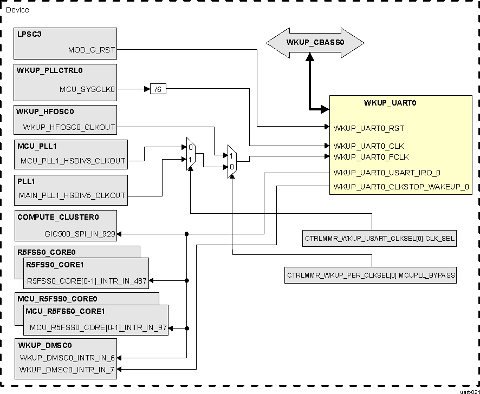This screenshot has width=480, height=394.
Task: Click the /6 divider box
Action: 158,89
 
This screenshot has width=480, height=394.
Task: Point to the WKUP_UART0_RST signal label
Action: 369,128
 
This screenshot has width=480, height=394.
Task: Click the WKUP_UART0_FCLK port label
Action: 371,157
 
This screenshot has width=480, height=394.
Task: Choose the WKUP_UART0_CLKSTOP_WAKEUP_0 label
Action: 401,187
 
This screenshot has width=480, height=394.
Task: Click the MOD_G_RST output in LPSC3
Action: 92,50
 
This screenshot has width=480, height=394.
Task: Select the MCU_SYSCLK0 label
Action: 88,89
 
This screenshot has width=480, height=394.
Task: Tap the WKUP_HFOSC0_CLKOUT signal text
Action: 69,128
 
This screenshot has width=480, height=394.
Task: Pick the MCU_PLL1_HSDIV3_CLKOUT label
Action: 73,161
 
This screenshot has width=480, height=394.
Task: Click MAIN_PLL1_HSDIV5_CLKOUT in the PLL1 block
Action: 72,195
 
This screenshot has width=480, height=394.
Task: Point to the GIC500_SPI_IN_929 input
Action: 80,234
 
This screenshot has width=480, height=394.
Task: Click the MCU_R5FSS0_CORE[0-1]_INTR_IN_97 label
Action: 98,328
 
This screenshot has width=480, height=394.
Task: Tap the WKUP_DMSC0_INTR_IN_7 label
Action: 67,369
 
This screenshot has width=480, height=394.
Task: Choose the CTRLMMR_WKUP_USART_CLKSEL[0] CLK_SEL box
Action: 380,238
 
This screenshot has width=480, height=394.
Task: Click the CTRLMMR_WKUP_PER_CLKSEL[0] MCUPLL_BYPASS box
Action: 371,275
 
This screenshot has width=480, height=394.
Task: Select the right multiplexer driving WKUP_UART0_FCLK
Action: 231,161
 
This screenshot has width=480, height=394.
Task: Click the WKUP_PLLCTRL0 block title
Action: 50,71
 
